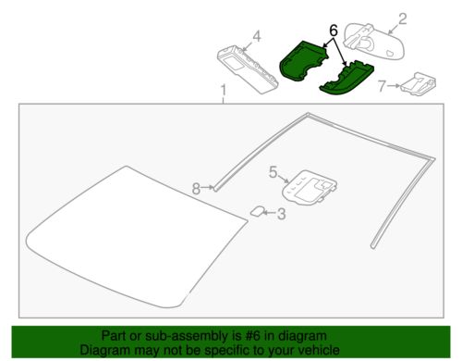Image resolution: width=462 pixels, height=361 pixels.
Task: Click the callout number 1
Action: [x=223, y=90]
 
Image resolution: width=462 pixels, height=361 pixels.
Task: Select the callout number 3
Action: [x=282, y=215]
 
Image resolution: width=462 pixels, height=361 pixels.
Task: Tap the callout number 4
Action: [x=257, y=36]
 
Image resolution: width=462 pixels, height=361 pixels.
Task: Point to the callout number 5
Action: [x=273, y=171]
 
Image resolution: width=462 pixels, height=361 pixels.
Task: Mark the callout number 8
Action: [x=196, y=189]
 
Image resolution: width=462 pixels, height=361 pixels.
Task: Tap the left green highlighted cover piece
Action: [x=303, y=62]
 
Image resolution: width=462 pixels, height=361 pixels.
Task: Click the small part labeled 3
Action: [x=256, y=211]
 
